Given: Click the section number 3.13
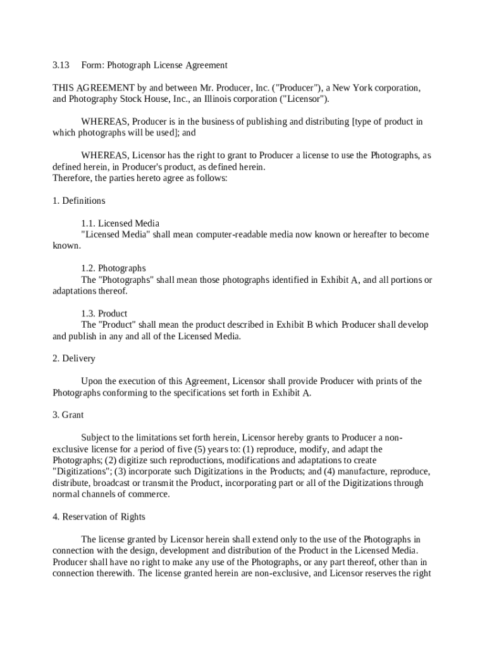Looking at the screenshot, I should (x=60, y=65).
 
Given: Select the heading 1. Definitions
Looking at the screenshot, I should (x=79, y=201).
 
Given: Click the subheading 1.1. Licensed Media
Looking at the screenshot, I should (x=120, y=223).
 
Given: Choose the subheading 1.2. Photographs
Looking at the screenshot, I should (x=113, y=268).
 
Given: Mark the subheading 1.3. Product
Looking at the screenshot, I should (x=104, y=313).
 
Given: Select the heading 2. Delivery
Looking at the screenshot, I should (x=74, y=358).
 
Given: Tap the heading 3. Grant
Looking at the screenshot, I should (x=68, y=414).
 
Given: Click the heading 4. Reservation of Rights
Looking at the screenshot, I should (x=99, y=516).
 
